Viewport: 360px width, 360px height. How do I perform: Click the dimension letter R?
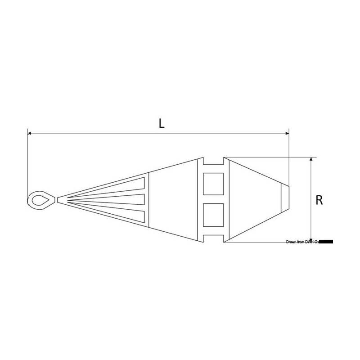click(x=319, y=200)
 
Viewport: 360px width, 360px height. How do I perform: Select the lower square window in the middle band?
click(x=213, y=215)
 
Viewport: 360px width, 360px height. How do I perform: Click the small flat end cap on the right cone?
click(x=285, y=199)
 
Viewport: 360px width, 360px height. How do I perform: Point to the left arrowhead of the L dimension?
click(x=30, y=133)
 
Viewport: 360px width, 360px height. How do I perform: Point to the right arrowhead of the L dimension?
click(x=286, y=133)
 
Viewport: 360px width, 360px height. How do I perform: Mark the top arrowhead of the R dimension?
click(x=310, y=160)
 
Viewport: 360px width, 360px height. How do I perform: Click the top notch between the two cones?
click(x=213, y=160)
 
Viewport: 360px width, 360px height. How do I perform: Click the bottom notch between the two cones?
click(x=213, y=238)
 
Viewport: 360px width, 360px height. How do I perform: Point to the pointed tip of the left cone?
click(x=58, y=199)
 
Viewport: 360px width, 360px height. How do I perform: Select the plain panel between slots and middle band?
click(x=173, y=199)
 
